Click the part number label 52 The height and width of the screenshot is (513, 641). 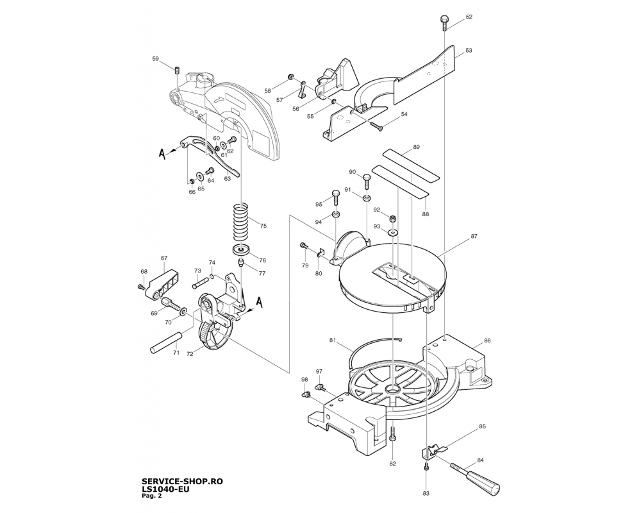[x=469, y=17]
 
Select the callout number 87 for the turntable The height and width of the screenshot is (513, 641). [x=474, y=237]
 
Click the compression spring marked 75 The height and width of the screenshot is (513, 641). [x=240, y=221]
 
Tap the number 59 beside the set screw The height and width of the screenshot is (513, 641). [x=155, y=59]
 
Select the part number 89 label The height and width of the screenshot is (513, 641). [x=416, y=147]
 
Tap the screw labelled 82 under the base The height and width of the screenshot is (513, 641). [x=394, y=436]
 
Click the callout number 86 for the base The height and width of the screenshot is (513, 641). [x=487, y=341]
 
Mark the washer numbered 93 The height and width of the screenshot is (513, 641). [x=393, y=231]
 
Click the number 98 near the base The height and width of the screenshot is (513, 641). [x=304, y=380]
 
